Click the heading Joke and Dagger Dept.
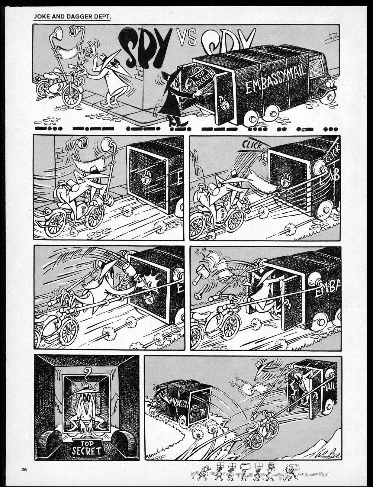click(73, 16)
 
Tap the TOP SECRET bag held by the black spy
click(199, 80)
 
